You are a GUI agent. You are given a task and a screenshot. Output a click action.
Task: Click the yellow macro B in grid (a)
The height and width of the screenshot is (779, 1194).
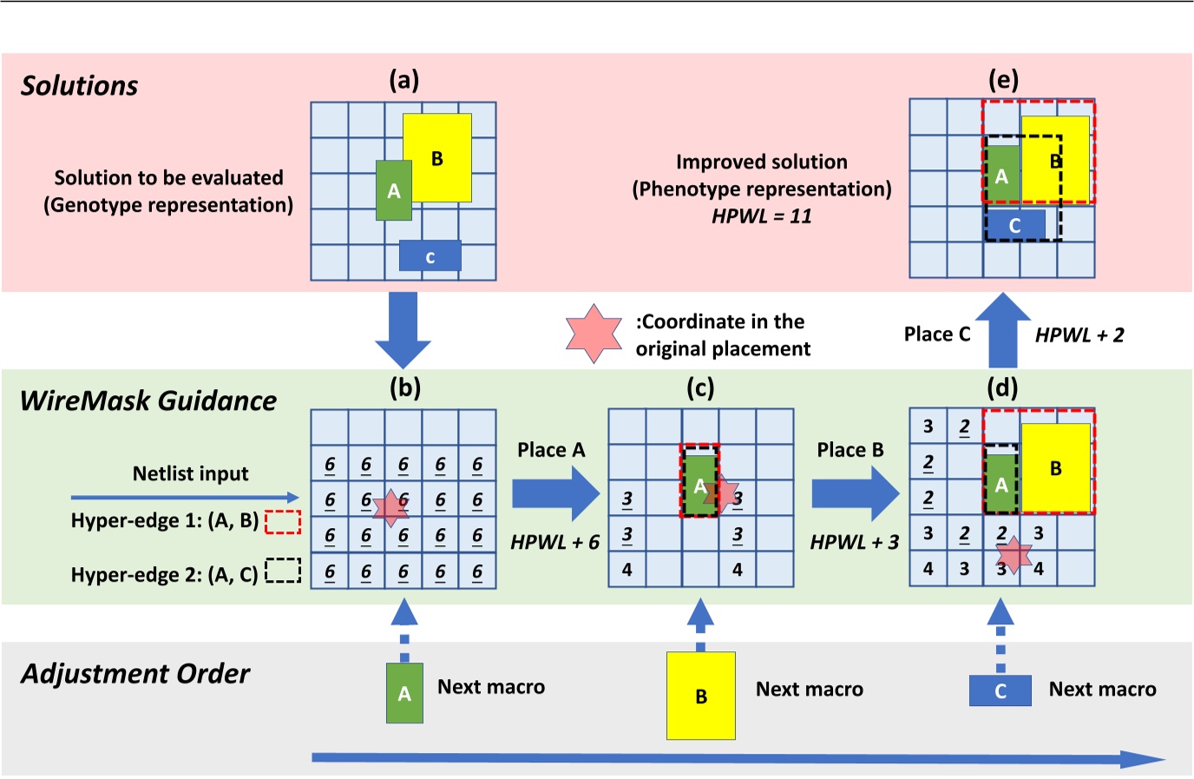pos(437,157)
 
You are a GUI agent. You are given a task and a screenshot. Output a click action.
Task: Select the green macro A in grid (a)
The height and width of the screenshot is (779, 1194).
pos(393,190)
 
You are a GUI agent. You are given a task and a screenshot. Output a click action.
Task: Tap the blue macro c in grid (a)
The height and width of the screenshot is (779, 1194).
pos(430,256)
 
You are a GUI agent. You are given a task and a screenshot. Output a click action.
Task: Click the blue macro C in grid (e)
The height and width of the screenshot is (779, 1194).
pos(1014,225)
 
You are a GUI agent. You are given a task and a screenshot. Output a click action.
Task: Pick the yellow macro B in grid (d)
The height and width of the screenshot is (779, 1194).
pos(1055,468)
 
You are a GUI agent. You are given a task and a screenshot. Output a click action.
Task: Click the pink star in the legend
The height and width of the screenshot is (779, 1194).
pos(594,333)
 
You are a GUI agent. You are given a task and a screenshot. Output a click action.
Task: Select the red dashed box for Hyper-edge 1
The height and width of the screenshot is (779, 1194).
pos(282,522)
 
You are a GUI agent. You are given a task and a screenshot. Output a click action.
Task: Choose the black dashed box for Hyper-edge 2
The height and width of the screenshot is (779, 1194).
pos(282,571)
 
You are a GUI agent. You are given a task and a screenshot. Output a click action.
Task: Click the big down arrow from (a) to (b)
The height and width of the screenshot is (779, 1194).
pos(403,329)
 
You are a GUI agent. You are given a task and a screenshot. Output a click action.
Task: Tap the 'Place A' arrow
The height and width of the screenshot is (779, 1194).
pos(555,493)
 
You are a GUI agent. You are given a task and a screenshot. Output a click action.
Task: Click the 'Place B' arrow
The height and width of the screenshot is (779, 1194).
pos(855,493)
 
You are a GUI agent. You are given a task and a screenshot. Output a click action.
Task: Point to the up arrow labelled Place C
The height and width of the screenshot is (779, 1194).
pos(1002,331)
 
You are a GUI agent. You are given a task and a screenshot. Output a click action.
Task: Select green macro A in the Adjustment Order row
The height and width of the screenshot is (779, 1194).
pos(404,693)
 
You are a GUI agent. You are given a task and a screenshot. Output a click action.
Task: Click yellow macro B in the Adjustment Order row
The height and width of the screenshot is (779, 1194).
pos(700,696)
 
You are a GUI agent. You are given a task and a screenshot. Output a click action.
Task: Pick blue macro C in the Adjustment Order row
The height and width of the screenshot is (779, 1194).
pos(1000,690)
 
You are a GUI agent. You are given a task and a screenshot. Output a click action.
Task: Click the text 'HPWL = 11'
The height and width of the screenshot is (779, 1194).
pos(761,216)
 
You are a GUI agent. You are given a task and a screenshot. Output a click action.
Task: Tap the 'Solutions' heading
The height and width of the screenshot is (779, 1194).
pos(79,86)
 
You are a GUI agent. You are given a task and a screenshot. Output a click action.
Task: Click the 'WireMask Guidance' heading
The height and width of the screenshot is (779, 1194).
pos(148,400)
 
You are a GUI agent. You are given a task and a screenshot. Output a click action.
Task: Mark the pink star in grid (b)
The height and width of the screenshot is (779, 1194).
pos(390,507)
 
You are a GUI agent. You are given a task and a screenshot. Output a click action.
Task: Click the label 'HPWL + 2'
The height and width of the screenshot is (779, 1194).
pos(1079,335)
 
